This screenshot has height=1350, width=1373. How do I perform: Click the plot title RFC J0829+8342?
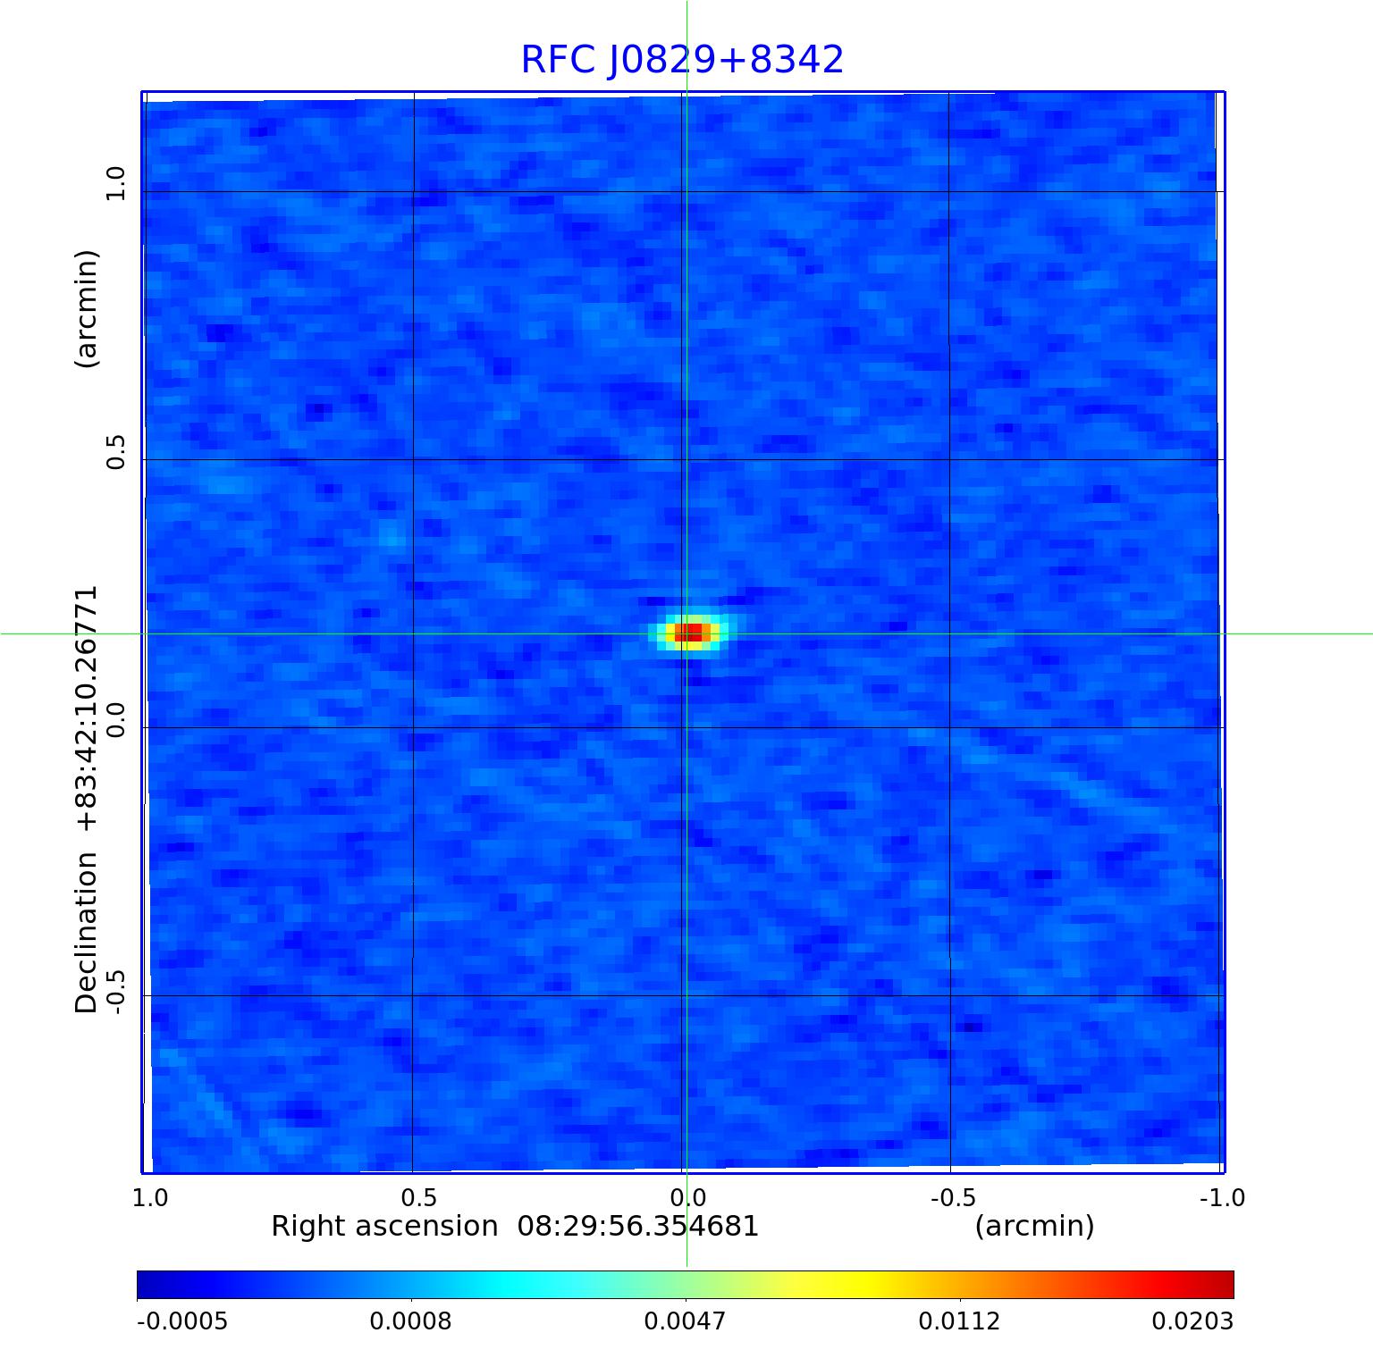[x=682, y=60]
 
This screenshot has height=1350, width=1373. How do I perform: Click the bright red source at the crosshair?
[x=688, y=633]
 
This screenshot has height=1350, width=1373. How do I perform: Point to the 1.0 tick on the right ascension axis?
[x=150, y=1197]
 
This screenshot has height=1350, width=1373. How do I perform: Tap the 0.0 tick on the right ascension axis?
[x=686, y=1197]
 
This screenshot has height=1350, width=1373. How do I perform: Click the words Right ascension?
[x=384, y=1227]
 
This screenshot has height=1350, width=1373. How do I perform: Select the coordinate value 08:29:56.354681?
[x=638, y=1227]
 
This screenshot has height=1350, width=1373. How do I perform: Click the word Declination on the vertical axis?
[x=87, y=933]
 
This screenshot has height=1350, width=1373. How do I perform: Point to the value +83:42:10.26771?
[x=87, y=710]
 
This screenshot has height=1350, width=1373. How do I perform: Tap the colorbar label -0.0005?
[x=182, y=1321]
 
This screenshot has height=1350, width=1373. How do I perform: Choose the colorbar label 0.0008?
[x=410, y=1321]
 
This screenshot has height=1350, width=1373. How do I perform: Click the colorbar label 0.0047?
[x=686, y=1321]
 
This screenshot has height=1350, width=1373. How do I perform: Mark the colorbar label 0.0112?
[x=960, y=1321]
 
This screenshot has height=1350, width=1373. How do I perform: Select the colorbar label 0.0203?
[x=1192, y=1321]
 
